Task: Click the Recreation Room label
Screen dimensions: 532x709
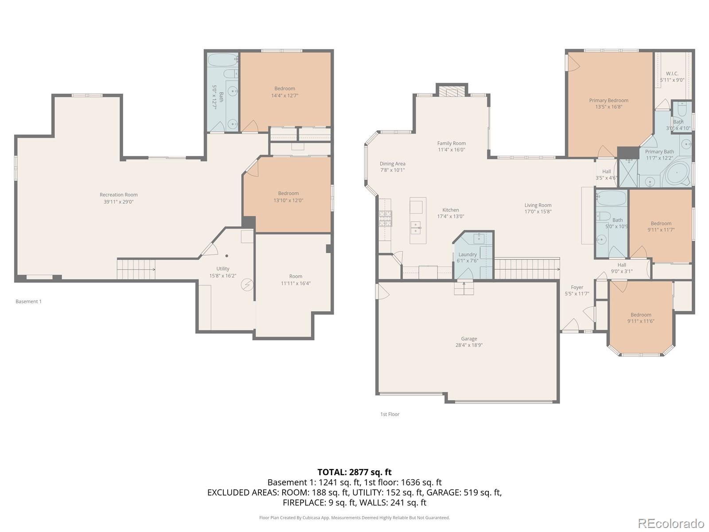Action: coord(118,195)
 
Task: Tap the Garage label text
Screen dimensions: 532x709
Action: coord(468,339)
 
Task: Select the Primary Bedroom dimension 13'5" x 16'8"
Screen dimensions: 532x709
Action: coord(608,107)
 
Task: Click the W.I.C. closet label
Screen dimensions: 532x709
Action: coord(672,74)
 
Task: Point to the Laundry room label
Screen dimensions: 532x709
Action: coord(467,254)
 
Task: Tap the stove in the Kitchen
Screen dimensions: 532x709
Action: coord(385,219)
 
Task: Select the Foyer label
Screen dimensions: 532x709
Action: coord(577,287)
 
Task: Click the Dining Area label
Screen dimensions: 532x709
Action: coord(392,164)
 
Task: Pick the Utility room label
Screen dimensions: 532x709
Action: coord(223,269)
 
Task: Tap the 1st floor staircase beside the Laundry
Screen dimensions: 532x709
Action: coord(526,269)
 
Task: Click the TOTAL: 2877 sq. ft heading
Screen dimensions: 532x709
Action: coord(354,472)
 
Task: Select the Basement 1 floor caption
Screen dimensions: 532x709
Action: coord(28,301)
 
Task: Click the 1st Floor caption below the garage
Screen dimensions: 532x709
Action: coord(390,414)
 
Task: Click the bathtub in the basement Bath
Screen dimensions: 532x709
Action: coord(222,60)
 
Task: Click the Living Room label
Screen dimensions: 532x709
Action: coord(538,205)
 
